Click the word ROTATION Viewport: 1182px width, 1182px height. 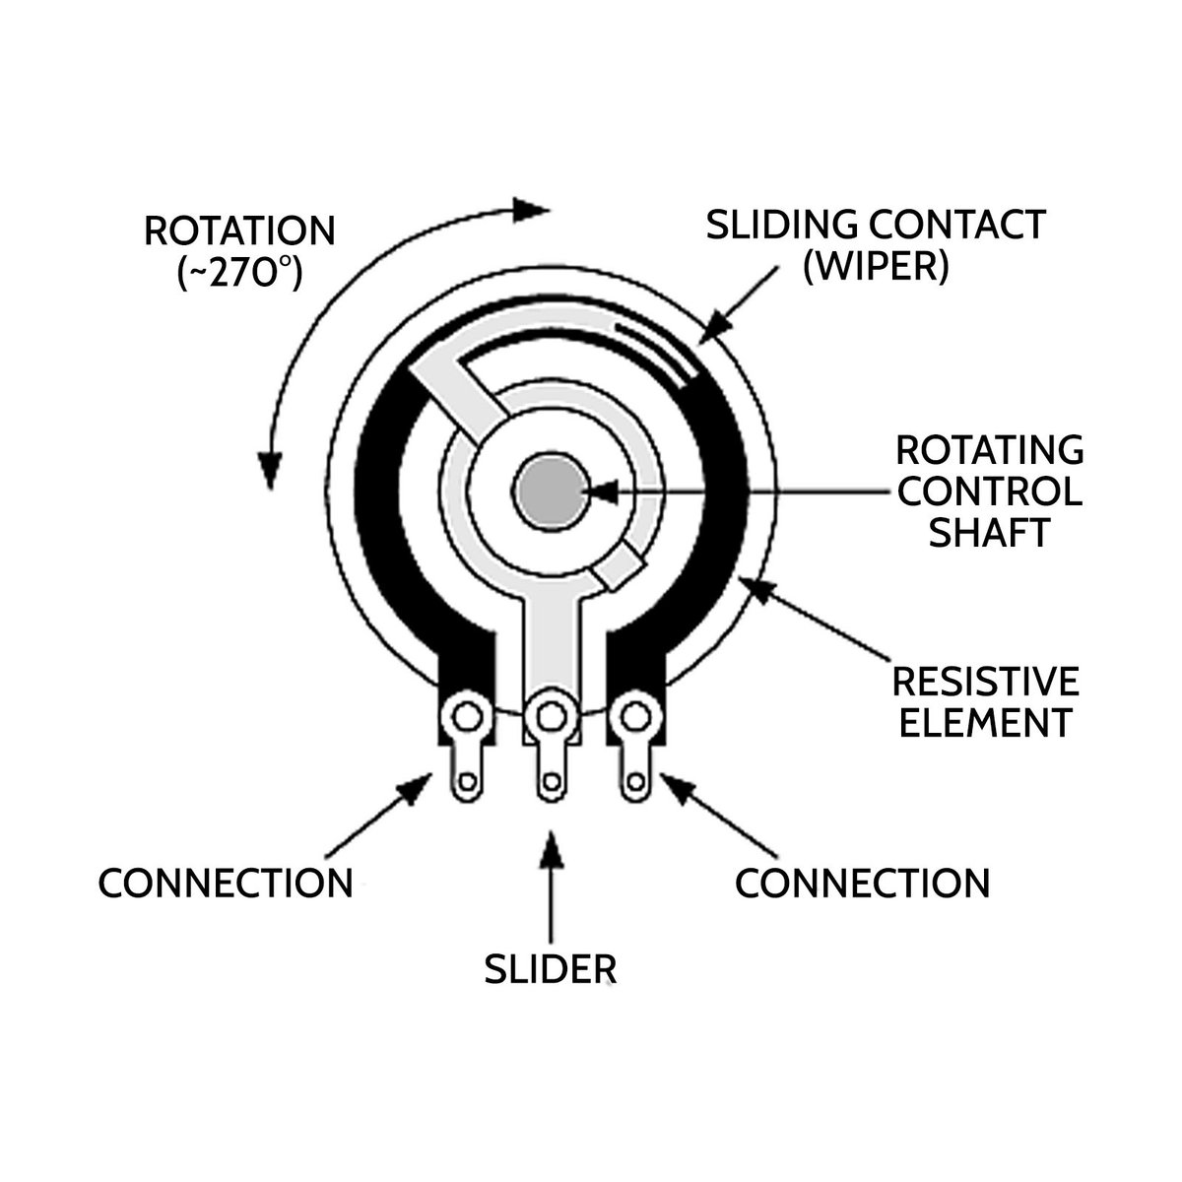pos(239,231)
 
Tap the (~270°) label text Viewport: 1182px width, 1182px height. pos(239,274)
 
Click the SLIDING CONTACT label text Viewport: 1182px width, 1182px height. pos(876,225)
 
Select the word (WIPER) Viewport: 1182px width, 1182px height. pos(876,267)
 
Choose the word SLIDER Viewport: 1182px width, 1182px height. pos(550,969)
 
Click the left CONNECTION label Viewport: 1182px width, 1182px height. pos(226,883)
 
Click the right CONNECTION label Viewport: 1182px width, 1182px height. pos(863,883)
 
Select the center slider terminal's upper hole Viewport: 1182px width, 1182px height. pos(550,713)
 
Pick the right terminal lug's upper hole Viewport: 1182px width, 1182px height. pos(634,713)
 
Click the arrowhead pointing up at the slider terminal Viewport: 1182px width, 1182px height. pos(551,845)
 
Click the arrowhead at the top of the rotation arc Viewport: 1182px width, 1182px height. pos(532,210)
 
